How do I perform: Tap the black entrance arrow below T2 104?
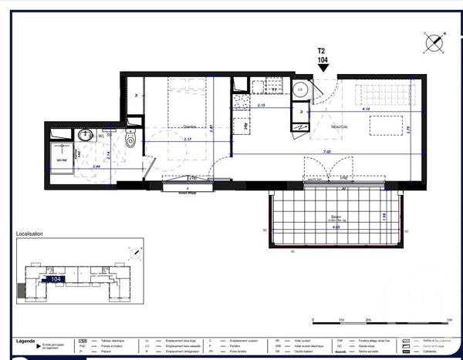323,68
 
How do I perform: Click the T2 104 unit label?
323,55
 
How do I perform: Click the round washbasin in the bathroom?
86,136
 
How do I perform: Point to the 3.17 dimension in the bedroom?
188,140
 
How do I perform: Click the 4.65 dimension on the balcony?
337,228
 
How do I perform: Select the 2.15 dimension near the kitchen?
261,106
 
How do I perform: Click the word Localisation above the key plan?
30,234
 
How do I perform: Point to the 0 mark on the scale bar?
313,319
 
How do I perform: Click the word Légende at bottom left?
25,340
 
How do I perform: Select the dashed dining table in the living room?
392,125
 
